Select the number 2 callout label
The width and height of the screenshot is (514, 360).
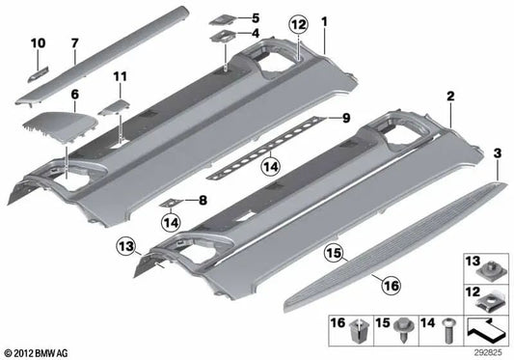click(x=449, y=98)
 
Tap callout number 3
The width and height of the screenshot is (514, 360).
click(x=496, y=152)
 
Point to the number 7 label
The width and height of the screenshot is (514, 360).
click(x=74, y=44)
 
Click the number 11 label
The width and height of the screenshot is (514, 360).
click(x=120, y=75)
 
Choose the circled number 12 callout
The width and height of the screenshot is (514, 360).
click(x=297, y=22)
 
